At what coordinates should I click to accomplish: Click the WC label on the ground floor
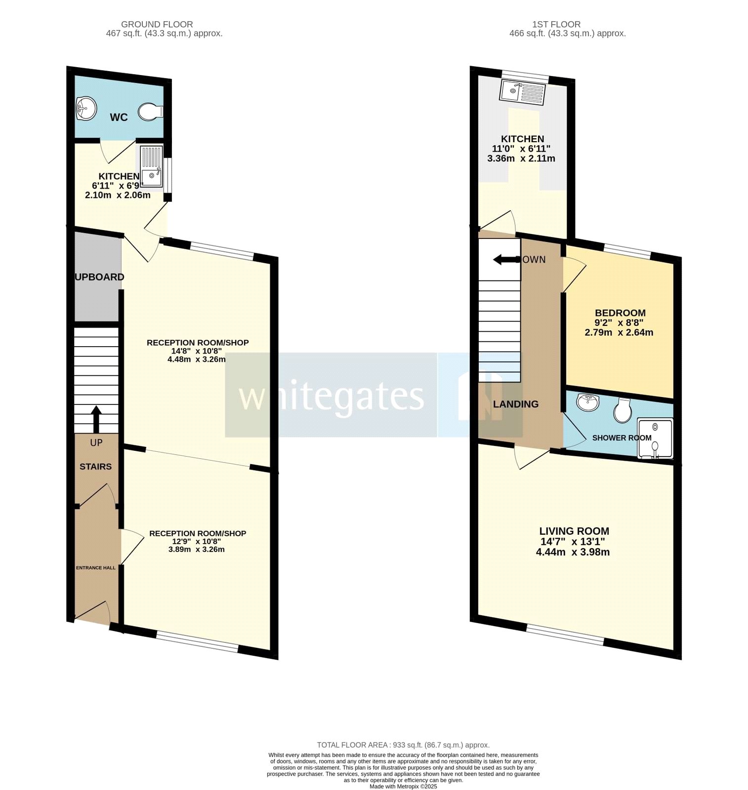coord(119,118)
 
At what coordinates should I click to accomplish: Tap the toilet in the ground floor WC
coord(150,112)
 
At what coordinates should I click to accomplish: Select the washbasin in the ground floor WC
coord(86,108)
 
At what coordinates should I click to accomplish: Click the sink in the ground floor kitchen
coord(152,176)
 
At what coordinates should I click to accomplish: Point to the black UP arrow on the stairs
coord(96,419)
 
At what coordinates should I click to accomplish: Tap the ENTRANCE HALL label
coord(96,568)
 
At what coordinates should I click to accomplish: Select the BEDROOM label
coord(620,313)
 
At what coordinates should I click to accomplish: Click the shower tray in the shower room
coord(655,438)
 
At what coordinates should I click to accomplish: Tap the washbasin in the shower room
coord(587,403)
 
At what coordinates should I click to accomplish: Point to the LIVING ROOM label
coord(574,531)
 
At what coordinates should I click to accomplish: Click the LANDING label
coord(516,404)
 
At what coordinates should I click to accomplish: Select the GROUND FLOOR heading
coord(157,24)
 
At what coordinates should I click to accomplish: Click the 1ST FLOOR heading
coord(556,24)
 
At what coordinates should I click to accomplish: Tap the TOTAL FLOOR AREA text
coord(403,745)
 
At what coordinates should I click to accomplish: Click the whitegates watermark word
coord(331,396)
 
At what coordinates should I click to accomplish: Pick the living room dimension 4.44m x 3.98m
coord(573,552)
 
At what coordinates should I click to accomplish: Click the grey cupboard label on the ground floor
coord(99,277)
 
